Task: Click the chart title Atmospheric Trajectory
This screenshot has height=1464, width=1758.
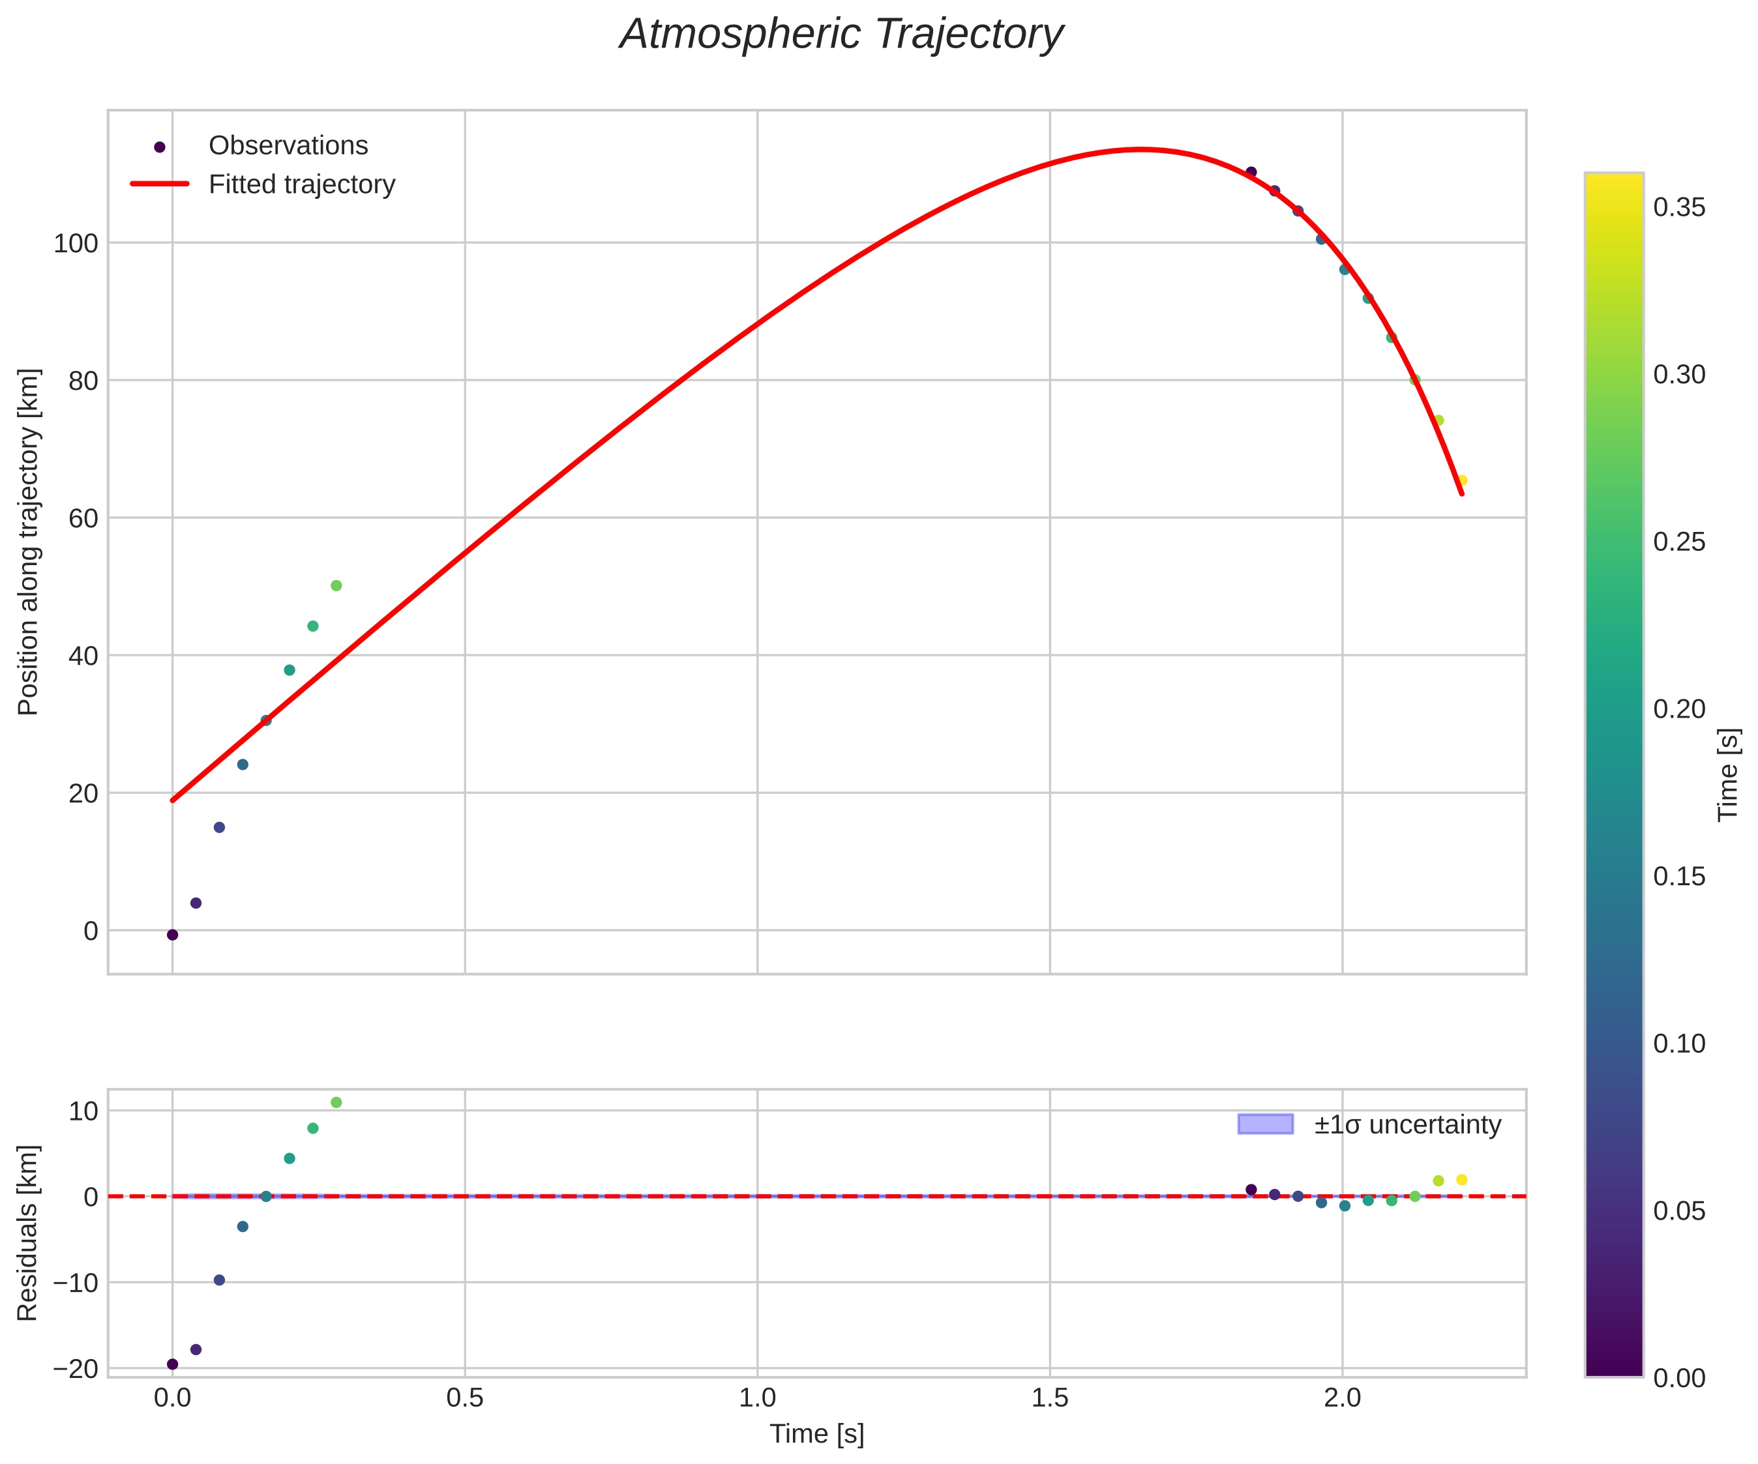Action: (x=841, y=35)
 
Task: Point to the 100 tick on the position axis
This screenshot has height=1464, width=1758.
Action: (x=76, y=244)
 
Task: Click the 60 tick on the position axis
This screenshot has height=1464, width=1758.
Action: (x=82, y=518)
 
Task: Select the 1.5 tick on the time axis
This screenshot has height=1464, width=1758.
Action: (x=1050, y=1398)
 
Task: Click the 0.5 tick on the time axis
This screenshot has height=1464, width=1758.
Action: (x=465, y=1398)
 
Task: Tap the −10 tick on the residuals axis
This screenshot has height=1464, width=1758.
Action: (x=76, y=1282)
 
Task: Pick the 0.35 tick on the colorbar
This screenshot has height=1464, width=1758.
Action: (x=1679, y=207)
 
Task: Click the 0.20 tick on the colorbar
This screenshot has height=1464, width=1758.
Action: (x=1679, y=709)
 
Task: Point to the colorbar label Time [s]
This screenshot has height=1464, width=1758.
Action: (x=1728, y=775)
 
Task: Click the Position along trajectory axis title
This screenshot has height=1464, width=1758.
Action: (x=29, y=542)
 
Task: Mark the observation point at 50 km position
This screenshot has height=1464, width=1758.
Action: (x=336, y=586)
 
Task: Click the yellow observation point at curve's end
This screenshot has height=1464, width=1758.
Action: (x=1462, y=480)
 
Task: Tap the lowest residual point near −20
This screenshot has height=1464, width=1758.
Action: (x=172, y=1364)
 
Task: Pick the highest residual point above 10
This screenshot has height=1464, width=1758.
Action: (x=336, y=1102)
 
